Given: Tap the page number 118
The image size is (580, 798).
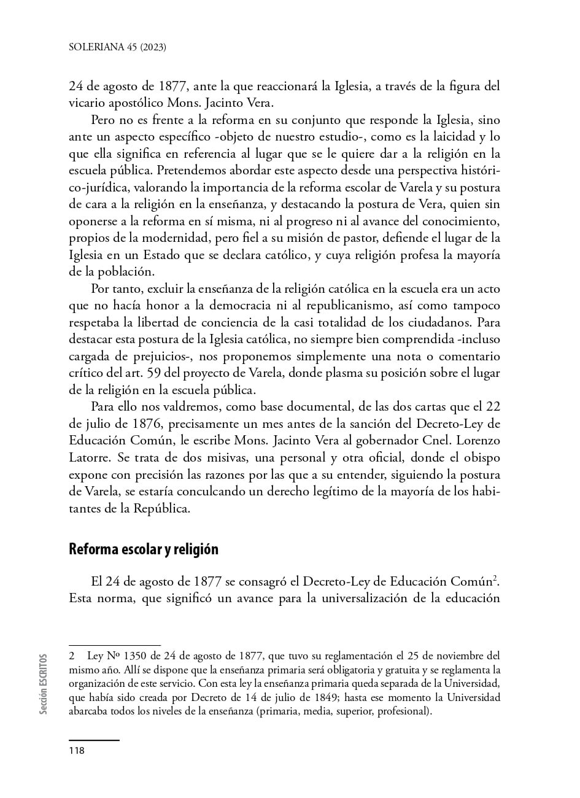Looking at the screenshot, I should pos(76,750).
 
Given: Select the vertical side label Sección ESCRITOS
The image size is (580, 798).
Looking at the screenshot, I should pos(43,684).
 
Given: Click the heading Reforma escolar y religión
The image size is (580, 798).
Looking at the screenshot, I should pos(143,549).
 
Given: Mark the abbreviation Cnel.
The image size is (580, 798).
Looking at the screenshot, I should pos(426,441).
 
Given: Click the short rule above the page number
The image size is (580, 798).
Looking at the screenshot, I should pos(94,740).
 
